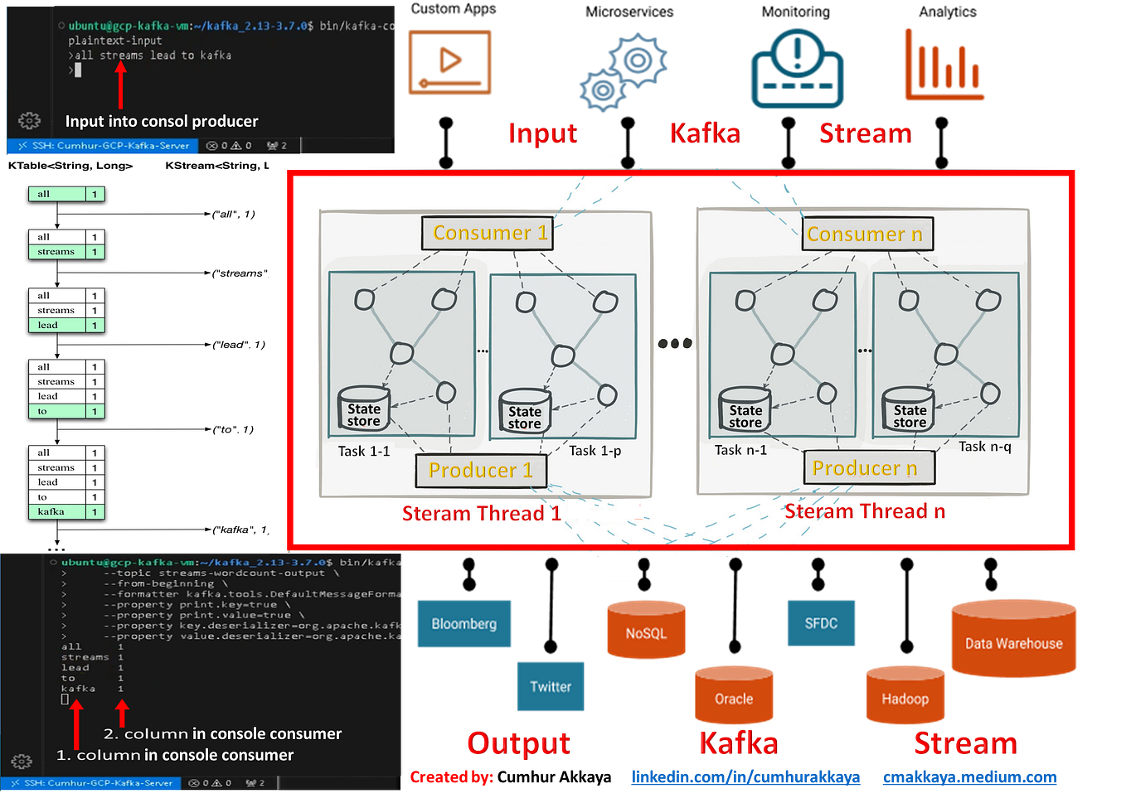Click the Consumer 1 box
[487, 233]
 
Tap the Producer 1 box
[481, 471]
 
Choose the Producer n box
[868, 468]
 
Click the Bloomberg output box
[464, 624]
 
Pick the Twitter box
[550, 687]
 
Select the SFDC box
[820, 623]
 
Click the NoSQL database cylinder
[645, 631]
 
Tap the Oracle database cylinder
[733, 697]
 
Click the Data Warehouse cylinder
[1012, 640]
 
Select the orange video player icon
[449, 62]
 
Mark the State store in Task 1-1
[363, 411]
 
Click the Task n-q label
[984, 447]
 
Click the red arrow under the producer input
[120, 85]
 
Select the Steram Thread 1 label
[481, 514]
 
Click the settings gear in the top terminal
[29, 121]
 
